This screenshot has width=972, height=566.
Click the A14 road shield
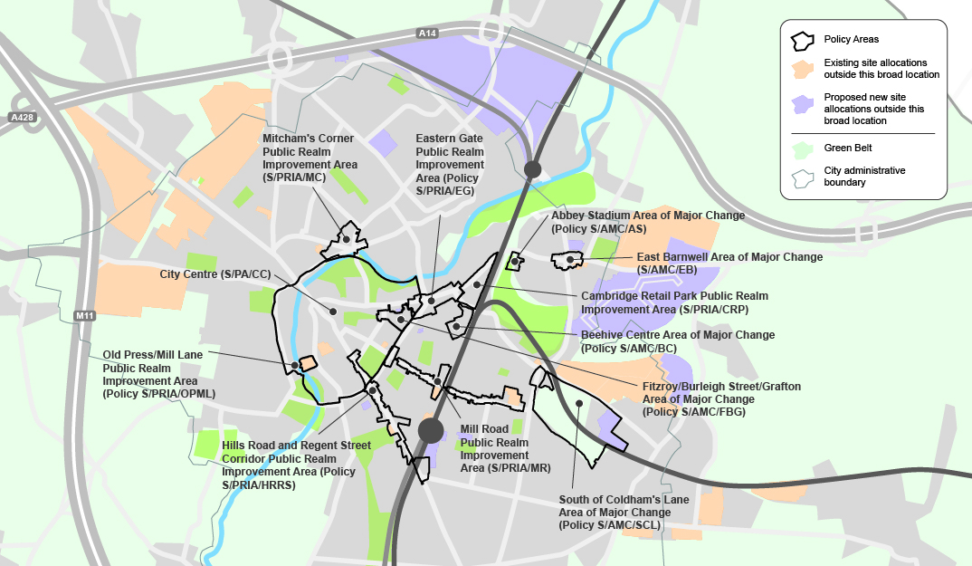(427, 34)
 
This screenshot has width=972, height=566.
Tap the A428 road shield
(21, 118)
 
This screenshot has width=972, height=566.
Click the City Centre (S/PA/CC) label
(214, 273)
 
